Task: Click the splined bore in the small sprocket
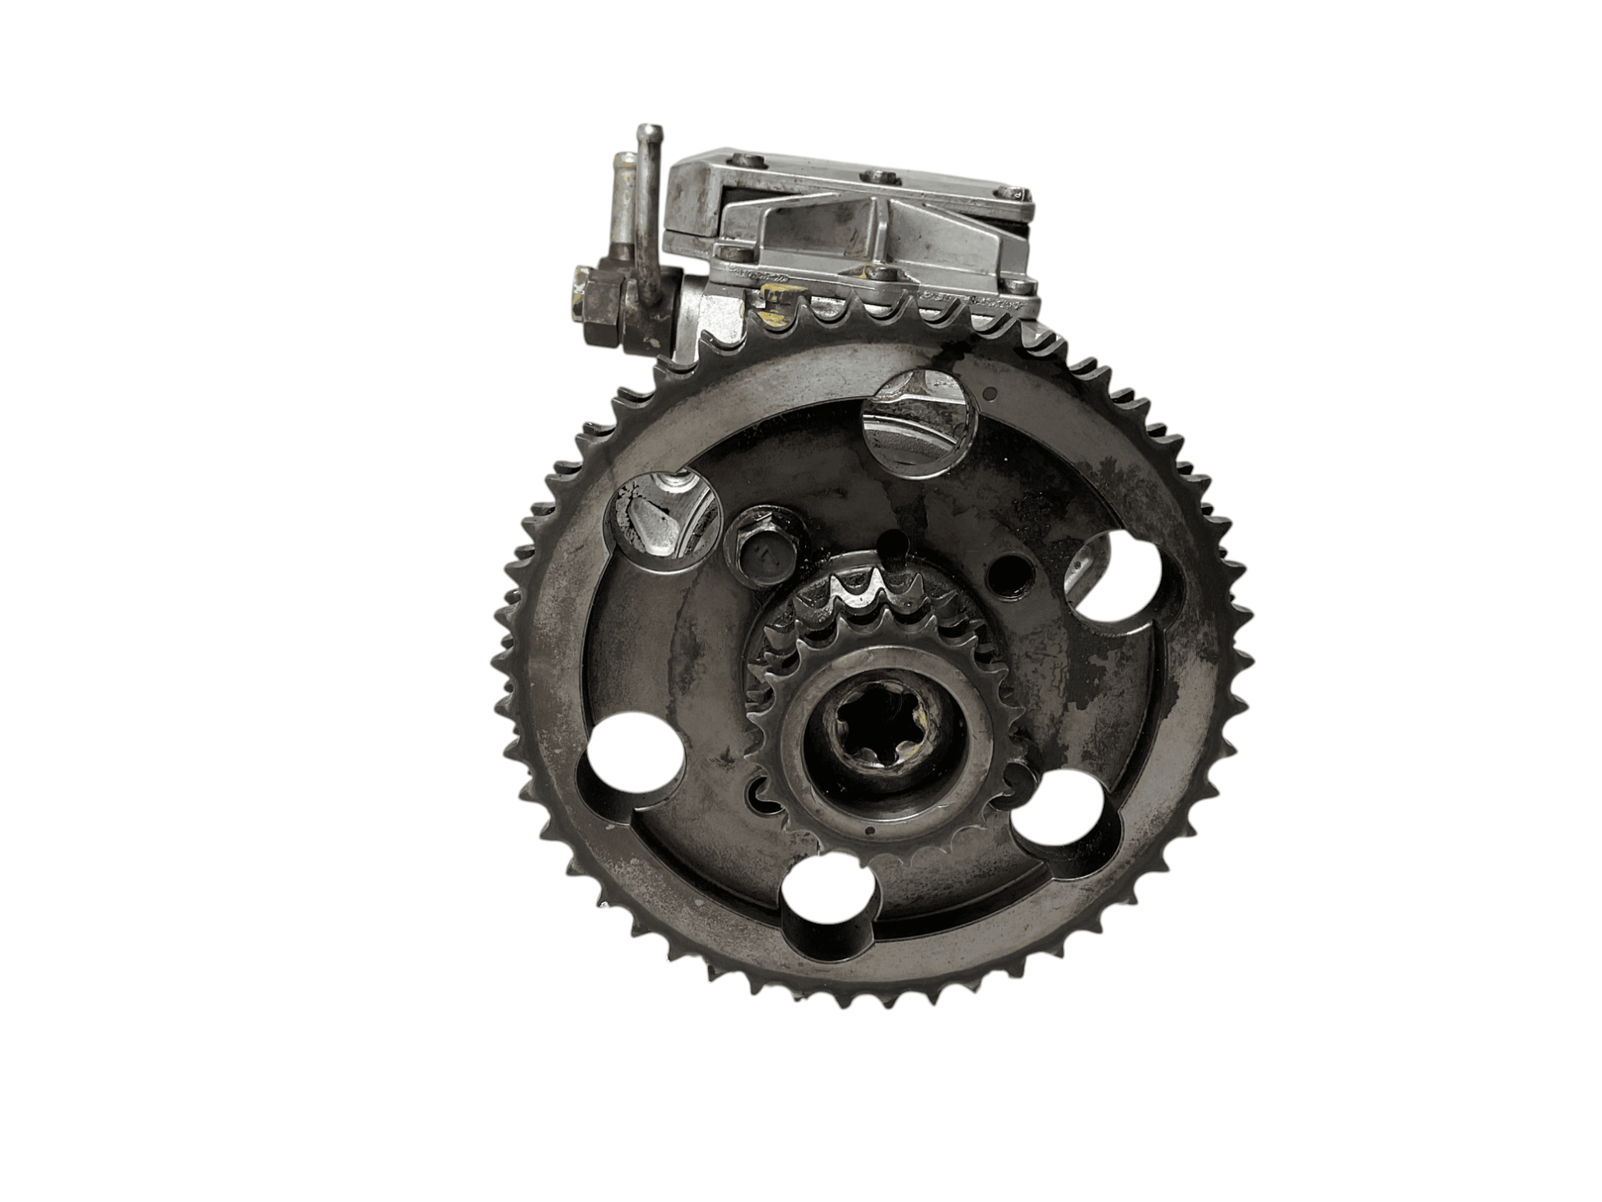pyautogui.click(x=873, y=733)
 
